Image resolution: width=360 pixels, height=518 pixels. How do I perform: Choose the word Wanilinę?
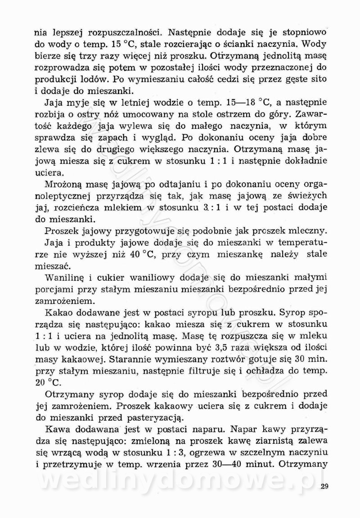tap(68, 277)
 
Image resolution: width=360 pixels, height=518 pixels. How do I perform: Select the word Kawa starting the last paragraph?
tap(58, 429)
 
